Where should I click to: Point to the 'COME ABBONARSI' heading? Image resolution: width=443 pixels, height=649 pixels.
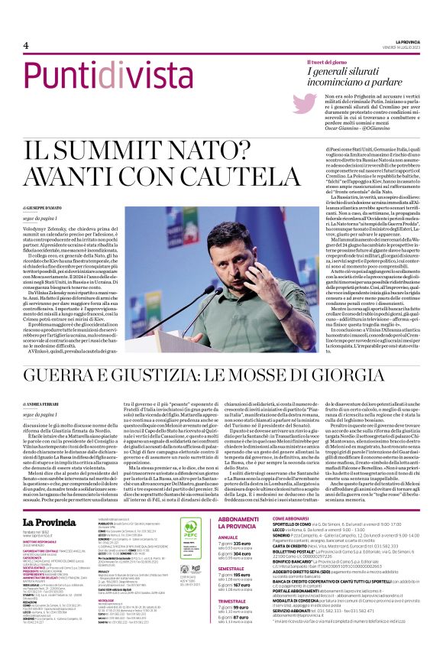pyautogui.click(x=293, y=518)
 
